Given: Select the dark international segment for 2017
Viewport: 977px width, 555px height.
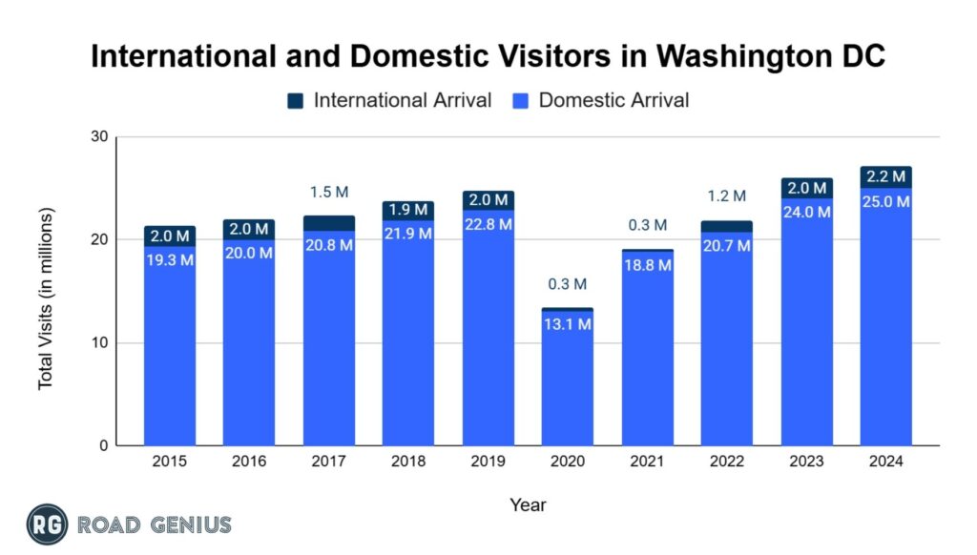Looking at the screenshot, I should point(329,223).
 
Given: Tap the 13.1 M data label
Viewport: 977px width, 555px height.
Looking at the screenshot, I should point(567,324).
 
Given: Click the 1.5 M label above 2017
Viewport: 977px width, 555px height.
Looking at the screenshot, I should point(329,193).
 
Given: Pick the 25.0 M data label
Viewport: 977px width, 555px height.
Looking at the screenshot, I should point(885,201).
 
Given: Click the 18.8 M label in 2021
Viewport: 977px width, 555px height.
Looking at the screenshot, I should point(647,265).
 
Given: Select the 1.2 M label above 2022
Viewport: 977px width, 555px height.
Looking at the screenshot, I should point(727,197).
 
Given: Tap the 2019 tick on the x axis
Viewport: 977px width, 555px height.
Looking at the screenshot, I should point(488,462).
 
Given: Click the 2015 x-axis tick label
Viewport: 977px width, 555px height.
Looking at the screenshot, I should point(170,462).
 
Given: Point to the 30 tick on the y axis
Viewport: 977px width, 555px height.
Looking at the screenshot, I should point(99,137).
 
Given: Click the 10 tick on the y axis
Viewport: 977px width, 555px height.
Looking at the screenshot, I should point(99,343).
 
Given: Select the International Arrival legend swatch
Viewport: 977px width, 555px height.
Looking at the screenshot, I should point(296,100).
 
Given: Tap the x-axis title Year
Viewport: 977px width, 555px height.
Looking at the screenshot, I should point(528,504).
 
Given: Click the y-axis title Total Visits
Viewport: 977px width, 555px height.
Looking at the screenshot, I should point(46,298).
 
